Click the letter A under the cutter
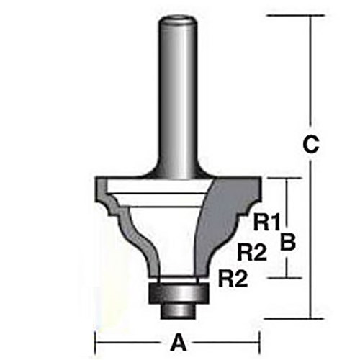[178, 342]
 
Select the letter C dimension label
[309, 144]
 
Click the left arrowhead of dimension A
[99, 342]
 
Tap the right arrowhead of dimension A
[256, 342]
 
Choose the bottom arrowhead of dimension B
[288, 274]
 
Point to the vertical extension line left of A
[96, 338]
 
